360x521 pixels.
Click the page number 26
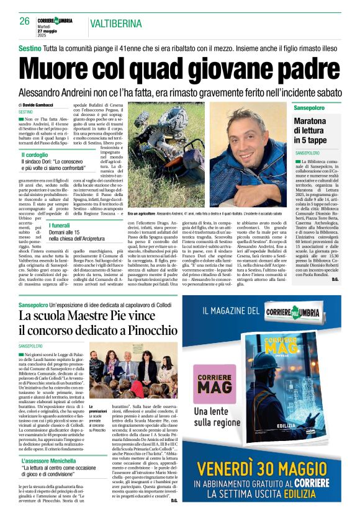(x=25, y=21)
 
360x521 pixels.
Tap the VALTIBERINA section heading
(x=117, y=24)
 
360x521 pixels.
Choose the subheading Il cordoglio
(x=35, y=155)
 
